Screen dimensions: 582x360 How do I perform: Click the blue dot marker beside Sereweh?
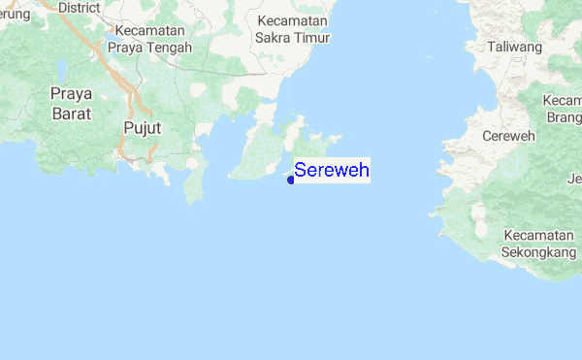coord(291,179)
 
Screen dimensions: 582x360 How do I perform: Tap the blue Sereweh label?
coord(332,171)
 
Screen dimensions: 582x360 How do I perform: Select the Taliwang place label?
coord(514,47)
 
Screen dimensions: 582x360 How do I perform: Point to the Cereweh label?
coord(508,136)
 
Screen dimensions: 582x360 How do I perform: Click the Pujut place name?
coord(142,127)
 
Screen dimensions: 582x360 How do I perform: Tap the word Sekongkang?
coord(538,252)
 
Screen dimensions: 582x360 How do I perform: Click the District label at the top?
coord(80,7)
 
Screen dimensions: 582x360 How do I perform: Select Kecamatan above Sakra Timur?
coord(295,20)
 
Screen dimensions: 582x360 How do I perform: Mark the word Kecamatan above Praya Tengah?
coord(148,28)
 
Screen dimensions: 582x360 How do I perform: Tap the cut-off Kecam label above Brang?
coord(563,101)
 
